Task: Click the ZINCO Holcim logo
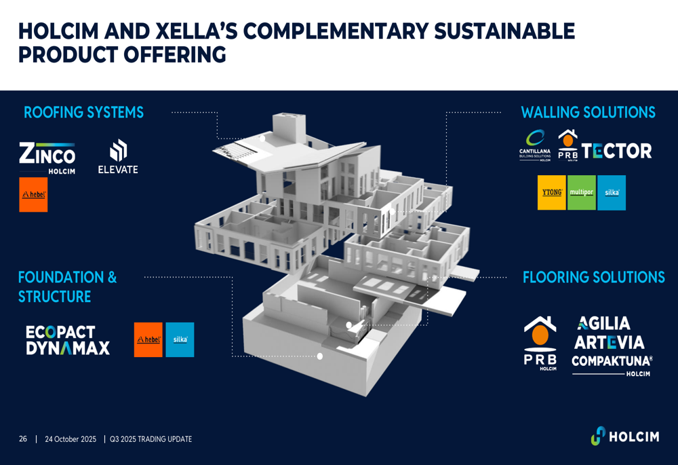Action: (x=47, y=157)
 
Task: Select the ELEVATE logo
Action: (x=118, y=157)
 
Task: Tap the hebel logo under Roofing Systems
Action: (x=33, y=195)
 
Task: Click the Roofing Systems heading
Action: (x=83, y=113)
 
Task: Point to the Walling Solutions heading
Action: (x=588, y=113)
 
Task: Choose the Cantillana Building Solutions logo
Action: (x=535, y=146)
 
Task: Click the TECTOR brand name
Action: (x=617, y=151)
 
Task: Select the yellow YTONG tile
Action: (x=552, y=193)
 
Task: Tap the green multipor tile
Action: (x=582, y=193)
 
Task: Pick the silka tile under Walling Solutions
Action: (x=612, y=193)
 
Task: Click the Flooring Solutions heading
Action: (x=593, y=278)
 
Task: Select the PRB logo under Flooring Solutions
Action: (x=540, y=343)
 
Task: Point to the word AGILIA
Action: (x=604, y=324)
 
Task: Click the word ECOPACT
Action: (x=60, y=332)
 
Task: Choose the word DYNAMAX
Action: (x=68, y=349)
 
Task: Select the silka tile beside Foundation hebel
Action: (x=180, y=339)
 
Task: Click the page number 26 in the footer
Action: (x=23, y=439)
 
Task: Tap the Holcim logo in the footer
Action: (x=624, y=436)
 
